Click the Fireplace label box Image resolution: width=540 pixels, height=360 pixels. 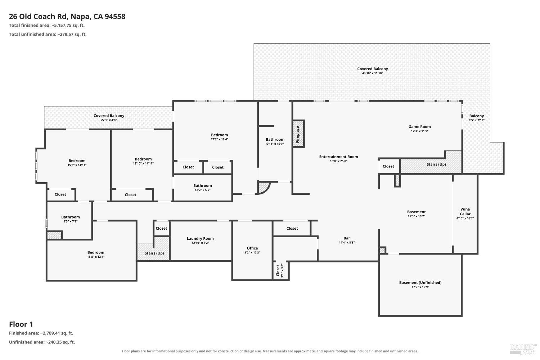(298, 134)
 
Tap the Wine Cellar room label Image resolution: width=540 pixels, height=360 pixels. (465, 211)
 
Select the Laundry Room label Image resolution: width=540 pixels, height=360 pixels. (200, 238)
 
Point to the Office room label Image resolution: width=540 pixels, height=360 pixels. (252, 248)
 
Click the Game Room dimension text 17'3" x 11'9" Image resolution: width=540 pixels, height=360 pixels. (419, 131)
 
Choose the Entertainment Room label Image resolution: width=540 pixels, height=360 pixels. (338, 157)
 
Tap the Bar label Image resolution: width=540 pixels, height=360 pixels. (347, 238)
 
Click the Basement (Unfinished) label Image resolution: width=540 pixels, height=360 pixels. (420, 283)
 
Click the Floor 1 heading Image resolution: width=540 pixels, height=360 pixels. (21, 324)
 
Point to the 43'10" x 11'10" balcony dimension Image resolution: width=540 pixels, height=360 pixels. (373, 73)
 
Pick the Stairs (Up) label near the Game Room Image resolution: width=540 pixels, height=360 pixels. (436, 165)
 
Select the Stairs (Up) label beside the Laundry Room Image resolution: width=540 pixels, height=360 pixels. (154, 253)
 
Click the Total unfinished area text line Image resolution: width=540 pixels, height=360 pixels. (48, 34)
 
